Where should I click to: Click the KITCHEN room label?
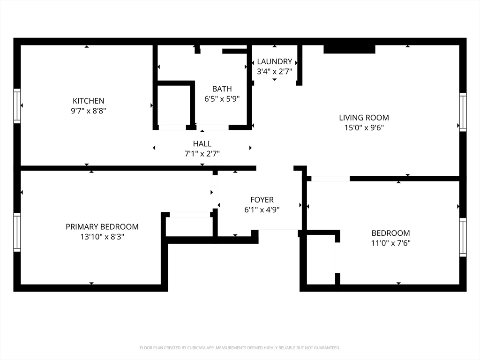[89, 101]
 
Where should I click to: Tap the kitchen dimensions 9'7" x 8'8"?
[89, 111]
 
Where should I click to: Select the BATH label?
[222, 89]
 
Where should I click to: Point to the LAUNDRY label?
[274, 61]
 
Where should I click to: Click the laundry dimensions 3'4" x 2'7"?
[274, 72]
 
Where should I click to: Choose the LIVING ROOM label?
[364, 118]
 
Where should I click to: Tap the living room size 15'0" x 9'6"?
[364, 127]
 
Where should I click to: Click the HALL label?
[202, 143]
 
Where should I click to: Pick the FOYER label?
[262, 200]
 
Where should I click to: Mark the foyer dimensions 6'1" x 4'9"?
[262, 210]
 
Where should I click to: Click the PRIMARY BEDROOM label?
[102, 226]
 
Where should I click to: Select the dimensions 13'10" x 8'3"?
[102, 237]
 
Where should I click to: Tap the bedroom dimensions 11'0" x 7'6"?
[390, 243]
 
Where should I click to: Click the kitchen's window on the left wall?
[17, 106]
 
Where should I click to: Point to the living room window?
[463, 112]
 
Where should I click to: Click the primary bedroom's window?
[17, 232]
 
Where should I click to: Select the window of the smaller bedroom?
[463, 237]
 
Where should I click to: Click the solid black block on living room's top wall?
[349, 49]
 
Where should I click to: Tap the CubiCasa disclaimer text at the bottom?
[240, 348]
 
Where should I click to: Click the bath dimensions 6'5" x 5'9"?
[222, 99]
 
